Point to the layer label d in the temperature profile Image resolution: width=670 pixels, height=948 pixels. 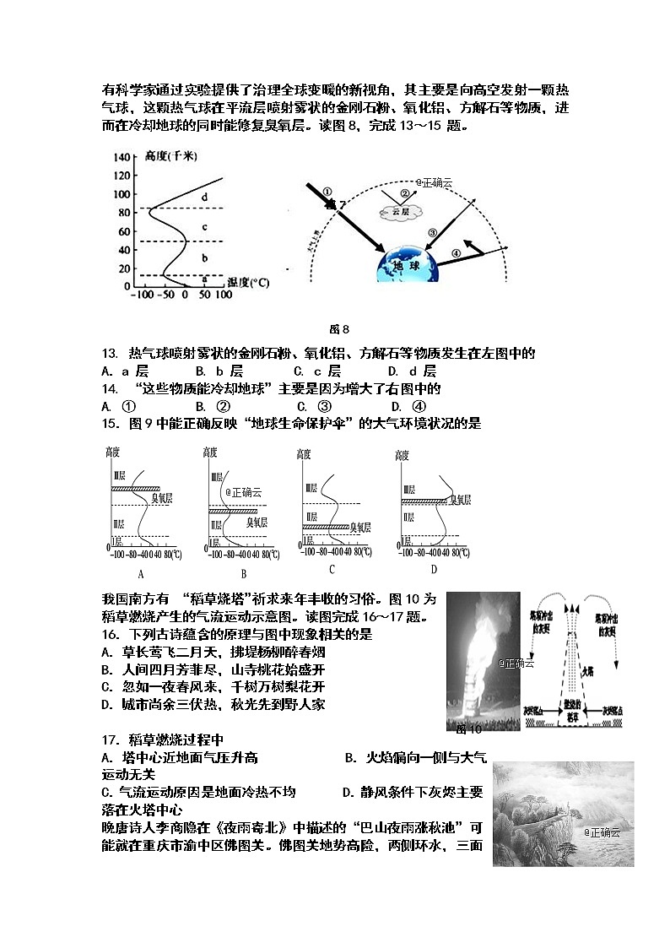[x=203, y=198]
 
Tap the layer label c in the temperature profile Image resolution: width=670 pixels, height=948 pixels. [x=203, y=227]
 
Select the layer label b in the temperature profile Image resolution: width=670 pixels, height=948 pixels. [x=203, y=257]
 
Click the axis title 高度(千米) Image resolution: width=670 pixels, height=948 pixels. [x=170, y=157]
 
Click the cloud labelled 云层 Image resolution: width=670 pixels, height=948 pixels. [x=400, y=211]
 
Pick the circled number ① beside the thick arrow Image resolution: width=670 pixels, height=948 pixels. [x=328, y=192]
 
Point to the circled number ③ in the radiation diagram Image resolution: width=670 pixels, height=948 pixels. [x=432, y=232]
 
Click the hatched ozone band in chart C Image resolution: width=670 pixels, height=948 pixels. [x=327, y=527]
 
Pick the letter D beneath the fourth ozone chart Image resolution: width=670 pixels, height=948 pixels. [x=435, y=569]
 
